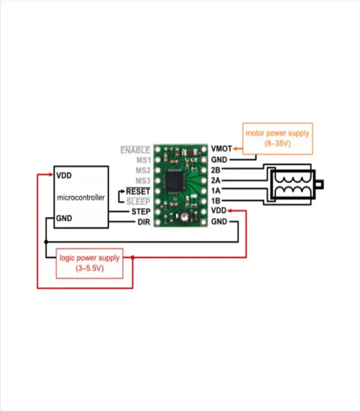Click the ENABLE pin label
(x=135, y=150)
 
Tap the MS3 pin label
(x=142, y=180)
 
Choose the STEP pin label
(x=140, y=212)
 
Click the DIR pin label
(x=144, y=222)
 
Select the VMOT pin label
(x=220, y=150)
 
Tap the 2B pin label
(x=216, y=170)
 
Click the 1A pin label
(x=216, y=191)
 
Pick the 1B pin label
(x=216, y=201)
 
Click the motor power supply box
(x=277, y=138)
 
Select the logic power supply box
(x=89, y=263)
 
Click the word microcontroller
(x=81, y=197)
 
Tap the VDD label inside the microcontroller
(x=64, y=175)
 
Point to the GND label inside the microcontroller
(x=64, y=218)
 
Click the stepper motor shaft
(x=321, y=183)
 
